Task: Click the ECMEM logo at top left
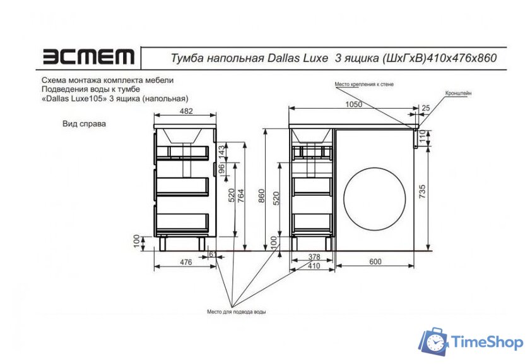pos(88,58)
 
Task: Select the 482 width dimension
pos(186,111)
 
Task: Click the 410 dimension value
pos(314,267)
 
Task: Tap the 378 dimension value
pos(314,258)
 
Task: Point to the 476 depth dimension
pos(185,260)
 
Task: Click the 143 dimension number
pos(221,152)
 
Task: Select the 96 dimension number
pos(221,169)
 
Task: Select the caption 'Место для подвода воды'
pos(236,312)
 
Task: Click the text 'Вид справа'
pos(84,124)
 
